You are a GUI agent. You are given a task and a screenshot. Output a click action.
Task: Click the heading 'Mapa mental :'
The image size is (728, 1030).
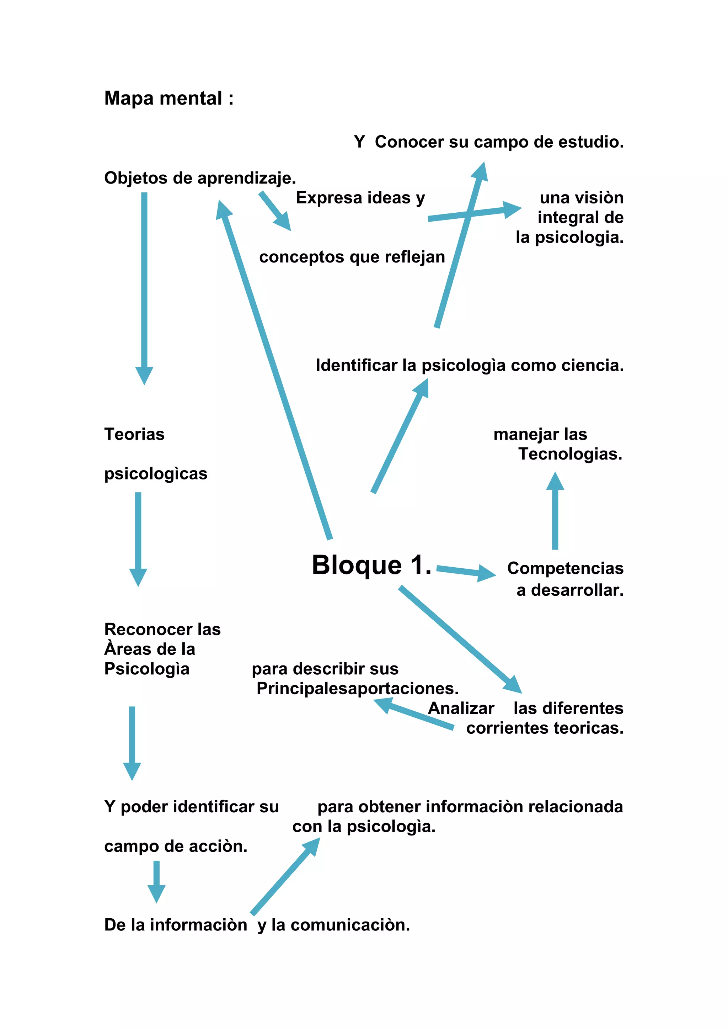click(x=168, y=98)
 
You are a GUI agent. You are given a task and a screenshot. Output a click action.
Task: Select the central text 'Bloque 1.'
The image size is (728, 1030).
click(x=371, y=565)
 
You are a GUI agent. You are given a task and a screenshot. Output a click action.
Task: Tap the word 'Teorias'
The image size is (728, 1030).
click(x=134, y=434)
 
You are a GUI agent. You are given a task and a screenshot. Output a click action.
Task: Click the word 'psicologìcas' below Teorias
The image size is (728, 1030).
click(x=156, y=474)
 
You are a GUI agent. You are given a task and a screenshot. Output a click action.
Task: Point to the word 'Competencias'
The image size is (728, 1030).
click(x=565, y=568)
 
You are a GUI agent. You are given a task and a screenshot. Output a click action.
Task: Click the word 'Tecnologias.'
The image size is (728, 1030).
click(x=570, y=454)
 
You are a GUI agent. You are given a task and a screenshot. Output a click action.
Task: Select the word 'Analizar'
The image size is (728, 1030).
click(x=461, y=708)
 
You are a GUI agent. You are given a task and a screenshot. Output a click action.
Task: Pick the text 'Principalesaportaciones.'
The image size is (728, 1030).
click(x=357, y=689)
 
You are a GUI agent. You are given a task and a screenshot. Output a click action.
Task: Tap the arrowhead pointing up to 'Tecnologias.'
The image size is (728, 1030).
click(x=555, y=481)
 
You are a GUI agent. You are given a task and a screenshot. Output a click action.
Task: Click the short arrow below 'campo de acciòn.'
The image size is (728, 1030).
click(x=156, y=882)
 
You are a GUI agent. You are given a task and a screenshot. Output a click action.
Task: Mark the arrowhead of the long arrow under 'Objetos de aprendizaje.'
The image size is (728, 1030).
click(x=144, y=375)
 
